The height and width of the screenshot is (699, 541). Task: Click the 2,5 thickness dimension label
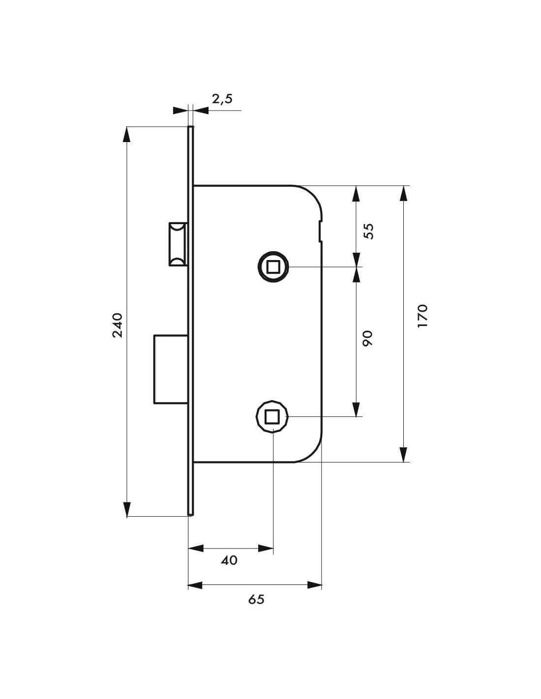[222, 99]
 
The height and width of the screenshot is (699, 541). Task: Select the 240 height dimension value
[118, 325]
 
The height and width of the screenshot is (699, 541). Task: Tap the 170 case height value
[422, 316]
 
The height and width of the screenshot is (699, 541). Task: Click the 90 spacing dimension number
[367, 338]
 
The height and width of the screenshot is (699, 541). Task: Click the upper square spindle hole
[272, 266]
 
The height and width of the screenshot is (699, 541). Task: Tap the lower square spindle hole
[272, 416]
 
